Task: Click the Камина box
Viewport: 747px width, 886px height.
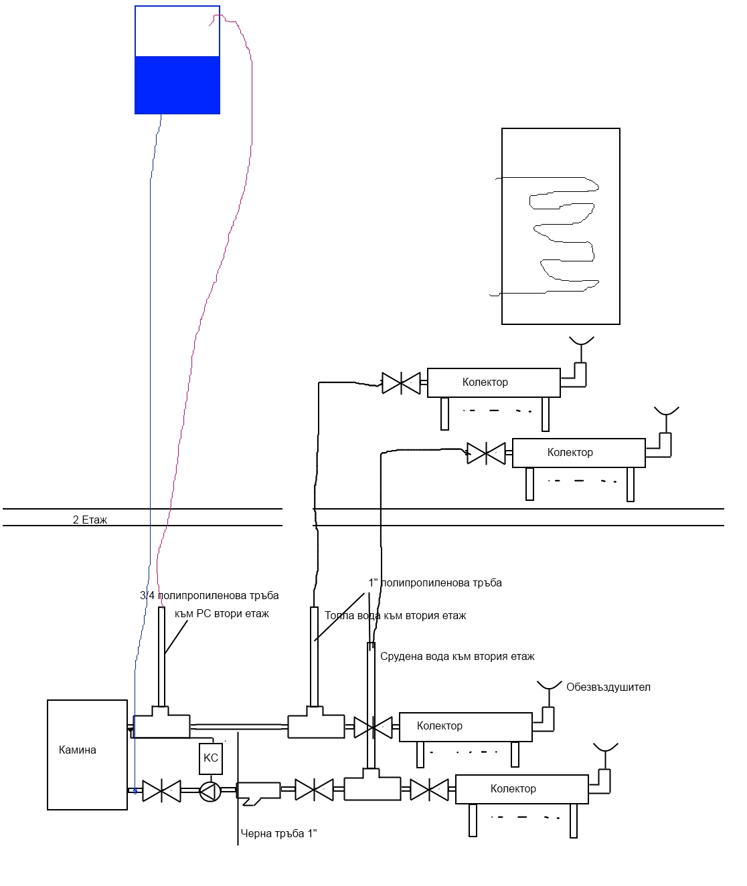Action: [x=87, y=755]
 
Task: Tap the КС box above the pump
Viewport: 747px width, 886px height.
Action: [x=211, y=758]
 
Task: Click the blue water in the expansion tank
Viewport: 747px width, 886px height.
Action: [x=177, y=86]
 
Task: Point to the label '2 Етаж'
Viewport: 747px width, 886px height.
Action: [x=90, y=520]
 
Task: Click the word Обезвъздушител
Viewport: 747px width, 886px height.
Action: [x=608, y=687]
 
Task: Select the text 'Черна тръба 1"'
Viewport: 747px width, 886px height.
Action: [x=278, y=833]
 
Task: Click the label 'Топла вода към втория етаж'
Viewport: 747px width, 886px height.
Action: [x=395, y=616]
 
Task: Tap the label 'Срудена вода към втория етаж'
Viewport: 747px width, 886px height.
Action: [x=457, y=657]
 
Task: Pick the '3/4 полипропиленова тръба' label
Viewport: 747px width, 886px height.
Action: [x=210, y=595]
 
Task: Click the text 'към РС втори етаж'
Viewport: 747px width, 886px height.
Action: [x=222, y=614]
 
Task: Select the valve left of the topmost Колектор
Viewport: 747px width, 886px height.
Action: [x=401, y=383]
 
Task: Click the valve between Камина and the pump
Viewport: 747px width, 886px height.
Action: [x=161, y=791]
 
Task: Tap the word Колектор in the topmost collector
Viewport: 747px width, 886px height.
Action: [x=485, y=382]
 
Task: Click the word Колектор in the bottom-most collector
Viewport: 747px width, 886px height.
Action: [x=513, y=789]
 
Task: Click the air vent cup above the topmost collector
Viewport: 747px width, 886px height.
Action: [x=582, y=341]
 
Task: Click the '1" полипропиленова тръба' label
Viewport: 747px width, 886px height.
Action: [x=435, y=582]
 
